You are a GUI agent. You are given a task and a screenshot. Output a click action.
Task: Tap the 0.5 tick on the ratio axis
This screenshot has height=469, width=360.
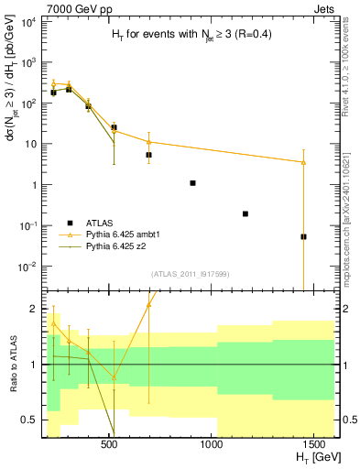[x=26, y=420]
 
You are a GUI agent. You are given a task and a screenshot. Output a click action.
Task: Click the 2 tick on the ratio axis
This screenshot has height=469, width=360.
[x=32, y=309]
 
